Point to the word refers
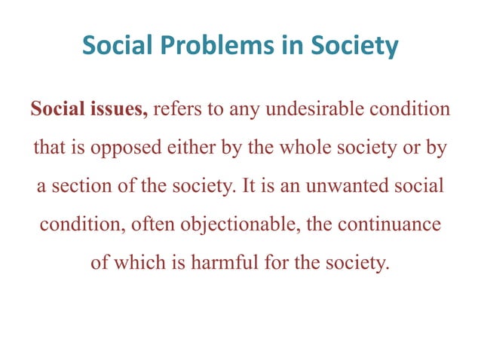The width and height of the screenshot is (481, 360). [x=179, y=109]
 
